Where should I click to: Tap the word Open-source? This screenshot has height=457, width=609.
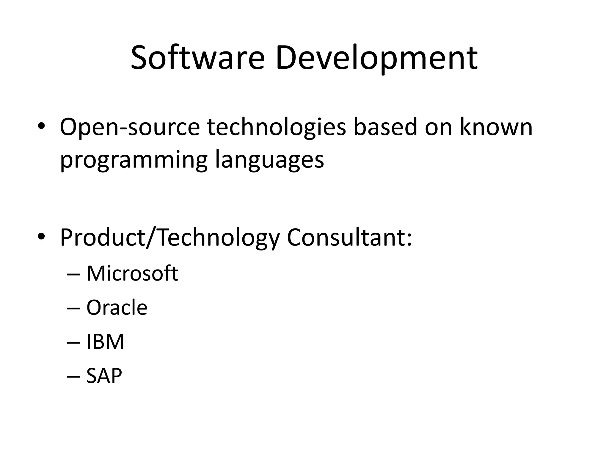pos(130,127)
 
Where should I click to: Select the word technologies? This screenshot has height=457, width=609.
pos(277,127)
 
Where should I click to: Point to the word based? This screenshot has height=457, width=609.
pos(385,127)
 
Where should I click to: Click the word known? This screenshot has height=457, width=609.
pos(496,127)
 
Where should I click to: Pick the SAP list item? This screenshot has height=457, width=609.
pos(104,376)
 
